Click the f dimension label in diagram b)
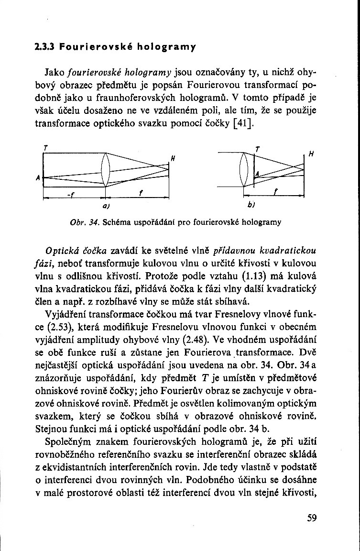[x=276, y=191]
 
